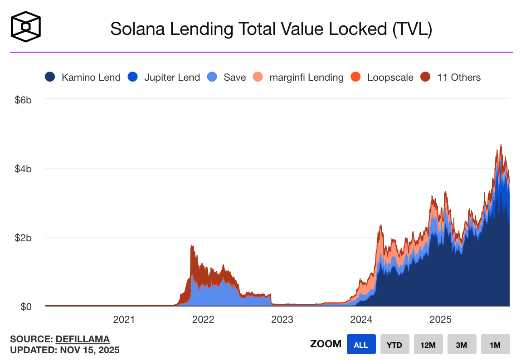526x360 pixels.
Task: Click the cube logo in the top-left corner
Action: (x=26, y=26)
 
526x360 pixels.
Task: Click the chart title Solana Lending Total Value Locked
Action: (x=271, y=29)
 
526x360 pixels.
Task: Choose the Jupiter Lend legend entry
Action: (x=166, y=78)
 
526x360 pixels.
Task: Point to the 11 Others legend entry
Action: (x=451, y=78)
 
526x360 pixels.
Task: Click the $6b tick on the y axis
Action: (x=23, y=100)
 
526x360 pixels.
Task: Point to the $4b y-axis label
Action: (x=23, y=169)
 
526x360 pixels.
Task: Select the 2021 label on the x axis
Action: (x=124, y=320)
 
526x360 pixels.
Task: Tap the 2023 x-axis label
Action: (x=282, y=320)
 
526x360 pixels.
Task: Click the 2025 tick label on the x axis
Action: (x=440, y=320)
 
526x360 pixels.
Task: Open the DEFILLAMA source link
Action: (x=83, y=339)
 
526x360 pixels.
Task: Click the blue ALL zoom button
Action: (x=361, y=345)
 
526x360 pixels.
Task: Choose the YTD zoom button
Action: (x=394, y=345)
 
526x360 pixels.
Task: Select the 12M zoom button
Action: (x=428, y=345)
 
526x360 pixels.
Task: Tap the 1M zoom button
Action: (x=495, y=345)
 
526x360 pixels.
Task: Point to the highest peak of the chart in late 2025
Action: (x=501, y=145)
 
